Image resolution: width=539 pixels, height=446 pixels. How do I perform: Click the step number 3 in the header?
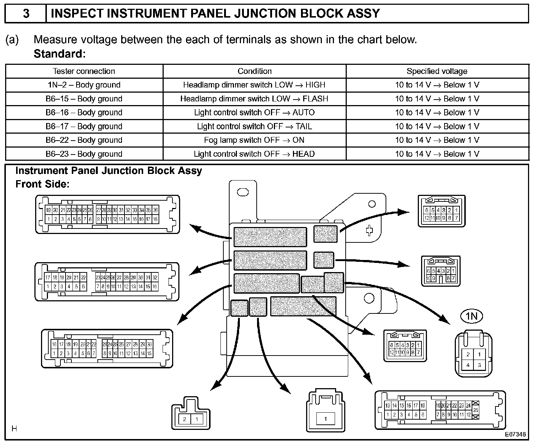pyautogui.click(x=26, y=14)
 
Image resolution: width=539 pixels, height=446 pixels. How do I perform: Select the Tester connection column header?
pyautogui.click(x=84, y=71)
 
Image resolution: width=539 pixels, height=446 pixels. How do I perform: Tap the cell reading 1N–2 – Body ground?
pyautogui.click(x=84, y=85)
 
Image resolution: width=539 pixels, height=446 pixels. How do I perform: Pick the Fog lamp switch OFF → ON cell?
pyautogui.click(x=254, y=140)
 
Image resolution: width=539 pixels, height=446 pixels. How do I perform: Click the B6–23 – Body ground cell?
pyautogui.click(x=84, y=154)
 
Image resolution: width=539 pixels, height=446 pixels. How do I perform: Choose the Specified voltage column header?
pyautogui.click(x=437, y=71)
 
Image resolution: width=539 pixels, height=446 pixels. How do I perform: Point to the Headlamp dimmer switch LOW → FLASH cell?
pyautogui.click(x=254, y=99)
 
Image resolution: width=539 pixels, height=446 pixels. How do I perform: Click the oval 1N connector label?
pyautogui.click(x=472, y=316)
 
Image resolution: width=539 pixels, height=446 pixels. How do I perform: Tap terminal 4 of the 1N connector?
pyautogui.click(x=468, y=365)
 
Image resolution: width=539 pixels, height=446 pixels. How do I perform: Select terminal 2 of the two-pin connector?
pyautogui.click(x=185, y=419)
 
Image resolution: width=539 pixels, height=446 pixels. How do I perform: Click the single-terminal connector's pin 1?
pyautogui.click(x=325, y=419)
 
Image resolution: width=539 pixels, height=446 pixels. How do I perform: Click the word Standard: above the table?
pyautogui.click(x=60, y=54)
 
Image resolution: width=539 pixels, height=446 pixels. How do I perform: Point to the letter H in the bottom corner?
pyautogui.click(x=14, y=428)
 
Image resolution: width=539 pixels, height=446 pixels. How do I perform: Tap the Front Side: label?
pyautogui.click(x=42, y=184)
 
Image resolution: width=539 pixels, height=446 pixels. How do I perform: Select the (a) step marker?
pyautogui.click(x=12, y=40)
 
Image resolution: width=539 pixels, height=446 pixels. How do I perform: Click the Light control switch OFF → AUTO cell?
pyautogui.click(x=254, y=112)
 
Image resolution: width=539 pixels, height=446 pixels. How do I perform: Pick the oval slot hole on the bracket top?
pyautogui.click(x=243, y=192)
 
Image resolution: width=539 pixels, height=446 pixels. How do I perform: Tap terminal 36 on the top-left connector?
pyautogui.click(x=155, y=210)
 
